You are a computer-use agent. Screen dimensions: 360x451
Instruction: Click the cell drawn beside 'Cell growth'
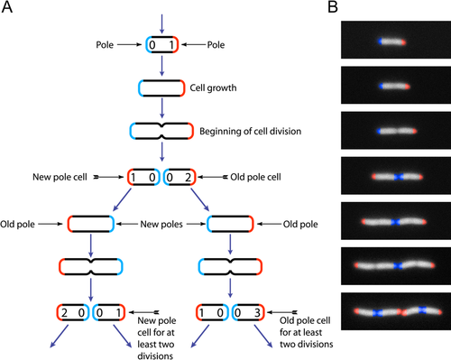(161, 88)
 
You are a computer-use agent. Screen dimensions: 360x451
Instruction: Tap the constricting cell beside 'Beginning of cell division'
(161, 131)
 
